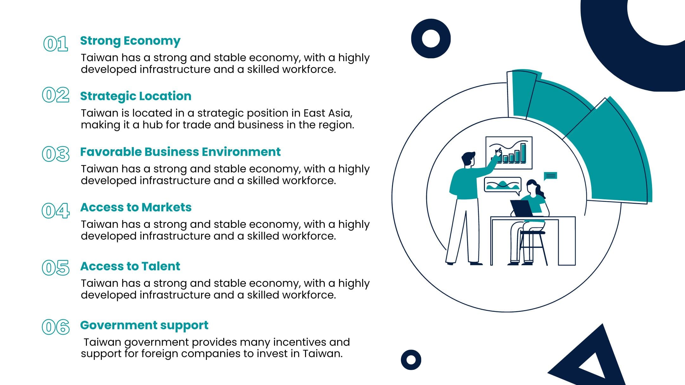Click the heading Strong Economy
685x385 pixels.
coord(130,41)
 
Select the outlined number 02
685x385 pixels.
coord(56,95)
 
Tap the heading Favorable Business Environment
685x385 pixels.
coord(180,152)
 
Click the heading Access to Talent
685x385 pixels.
coord(130,266)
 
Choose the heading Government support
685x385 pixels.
coord(144,325)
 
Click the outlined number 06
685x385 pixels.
coord(56,327)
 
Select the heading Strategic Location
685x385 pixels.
coord(136,96)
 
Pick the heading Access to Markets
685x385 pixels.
coord(136,207)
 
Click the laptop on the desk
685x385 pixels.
coord(521,209)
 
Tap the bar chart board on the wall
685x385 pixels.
coord(509,153)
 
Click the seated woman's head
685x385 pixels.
coord(532,187)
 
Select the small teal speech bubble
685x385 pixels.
coord(550,176)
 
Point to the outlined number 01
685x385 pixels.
coord(56,44)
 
